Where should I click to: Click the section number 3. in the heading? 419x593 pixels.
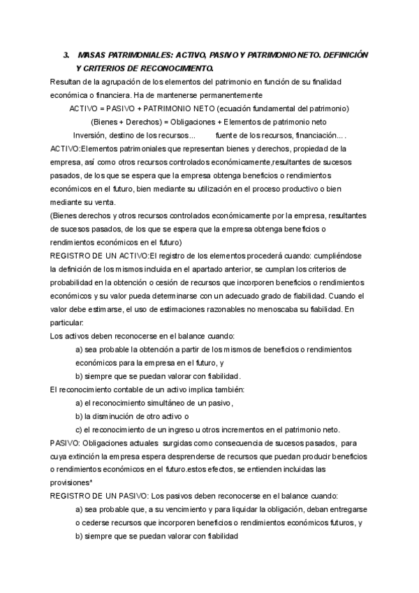point(66,55)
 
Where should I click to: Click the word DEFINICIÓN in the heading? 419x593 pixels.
point(338,55)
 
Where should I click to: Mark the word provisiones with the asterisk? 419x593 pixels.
point(71,482)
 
